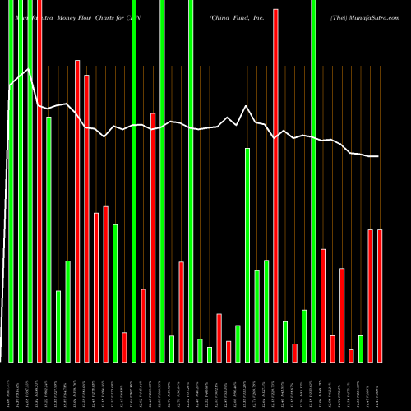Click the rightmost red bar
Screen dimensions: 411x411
tap(380, 296)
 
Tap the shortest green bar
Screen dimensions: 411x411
tap(210, 354)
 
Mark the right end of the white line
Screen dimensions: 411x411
tap(379, 156)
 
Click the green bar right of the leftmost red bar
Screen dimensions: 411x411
tap(48, 239)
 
